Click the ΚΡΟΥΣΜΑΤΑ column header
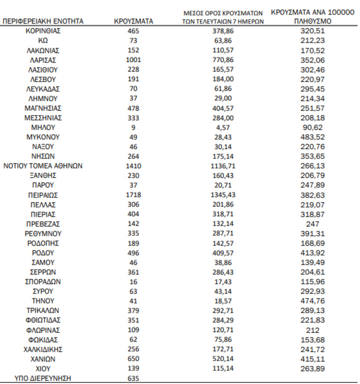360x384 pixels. click(x=133, y=22)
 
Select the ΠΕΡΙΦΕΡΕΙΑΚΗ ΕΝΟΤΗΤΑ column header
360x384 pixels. click(x=43, y=22)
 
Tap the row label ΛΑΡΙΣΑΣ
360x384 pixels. click(x=43, y=60)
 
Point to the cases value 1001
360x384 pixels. click(x=133, y=60)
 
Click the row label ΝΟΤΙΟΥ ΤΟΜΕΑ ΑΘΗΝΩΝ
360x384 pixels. click(x=43, y=166)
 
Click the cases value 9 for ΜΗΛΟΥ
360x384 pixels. click(x=133, y=127)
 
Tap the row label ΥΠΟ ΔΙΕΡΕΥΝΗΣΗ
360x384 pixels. click(x=43, y=378)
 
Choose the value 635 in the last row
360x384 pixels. click(x=133, y=378)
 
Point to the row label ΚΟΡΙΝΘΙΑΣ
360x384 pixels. click(x=43, y=31)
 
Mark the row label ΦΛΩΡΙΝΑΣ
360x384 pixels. click(x=43, y=330)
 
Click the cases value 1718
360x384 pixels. click(x=133, y=195)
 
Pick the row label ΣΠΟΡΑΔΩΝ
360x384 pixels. click(x=43, y=282)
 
